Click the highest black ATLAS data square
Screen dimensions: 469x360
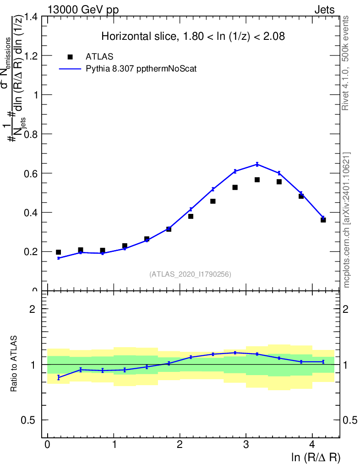click(x=257, y=180)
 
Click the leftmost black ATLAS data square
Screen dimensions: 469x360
click(x=58, y=252)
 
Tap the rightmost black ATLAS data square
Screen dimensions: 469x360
click(x=323, y=220)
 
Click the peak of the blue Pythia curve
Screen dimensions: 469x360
click(x=257, y=164)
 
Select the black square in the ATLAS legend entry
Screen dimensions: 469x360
click(x=70, y=56)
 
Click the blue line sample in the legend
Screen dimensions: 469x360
click(x=70, y=69)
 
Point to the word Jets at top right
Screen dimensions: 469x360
click(x=324, y=10)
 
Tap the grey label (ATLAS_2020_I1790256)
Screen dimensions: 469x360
click(x=190, y=274)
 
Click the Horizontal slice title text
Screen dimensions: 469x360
click(x=193, y=37)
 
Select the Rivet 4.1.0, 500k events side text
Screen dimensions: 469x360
click(x=346, y=63)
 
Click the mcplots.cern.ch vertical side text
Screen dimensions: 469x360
click(x=347, y=220)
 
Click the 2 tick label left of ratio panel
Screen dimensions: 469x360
click(x=33, y=309)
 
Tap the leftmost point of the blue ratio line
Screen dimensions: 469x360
click(x=58, y=377)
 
